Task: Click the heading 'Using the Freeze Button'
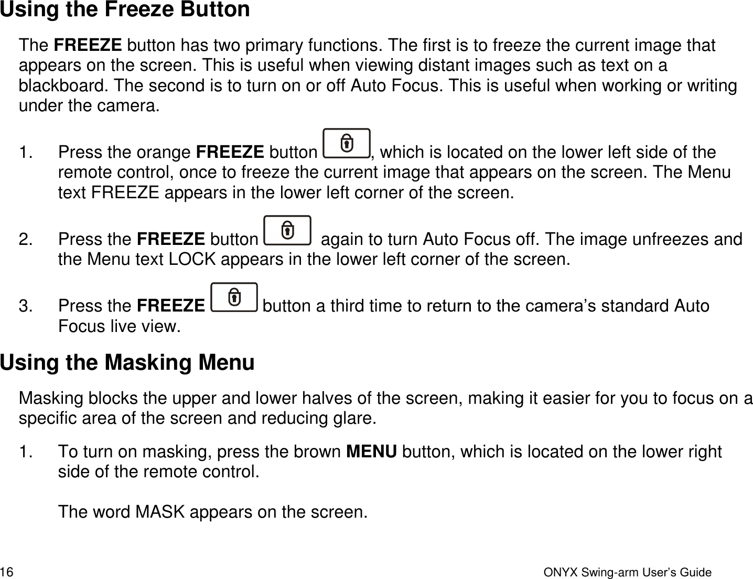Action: [x=125, y=10]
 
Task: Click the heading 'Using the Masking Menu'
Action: [x=127, y=363]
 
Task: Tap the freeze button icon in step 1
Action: [x=346, y=143]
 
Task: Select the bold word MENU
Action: [x=372, y=452]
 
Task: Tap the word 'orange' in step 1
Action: [x=162, y=153]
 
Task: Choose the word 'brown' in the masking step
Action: [x=318, y=452]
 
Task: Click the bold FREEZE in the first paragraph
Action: [x=88, y=46]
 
